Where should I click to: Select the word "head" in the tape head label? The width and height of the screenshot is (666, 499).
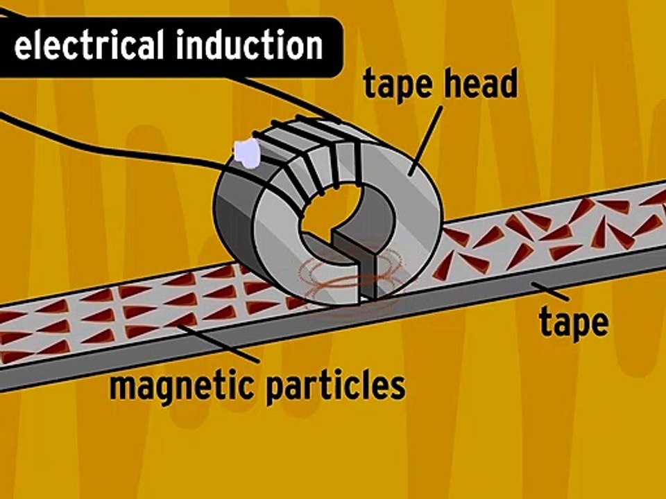click(x=481, y=85)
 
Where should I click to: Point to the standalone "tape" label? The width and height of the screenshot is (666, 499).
click(x=574, y=322)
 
